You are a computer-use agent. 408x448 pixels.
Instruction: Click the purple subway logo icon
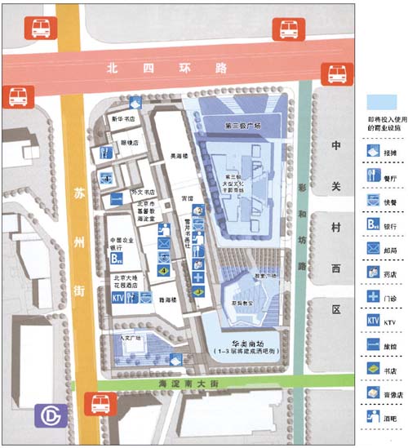click(x=51, y=416)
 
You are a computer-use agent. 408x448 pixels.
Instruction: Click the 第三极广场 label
click(x=242, y=126)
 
